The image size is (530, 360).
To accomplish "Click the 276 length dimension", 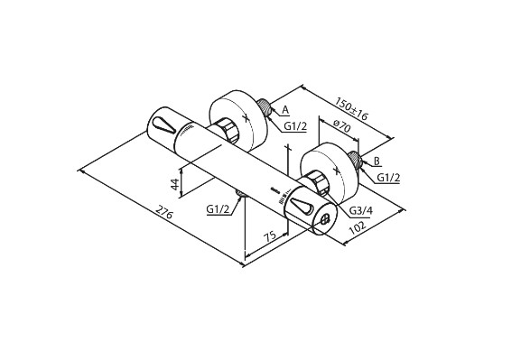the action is coord(164,211).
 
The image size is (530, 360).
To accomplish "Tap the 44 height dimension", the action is coord(175,184).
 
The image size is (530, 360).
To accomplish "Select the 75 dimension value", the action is coord(270,235).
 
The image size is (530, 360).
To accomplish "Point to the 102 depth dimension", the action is coord(357,227).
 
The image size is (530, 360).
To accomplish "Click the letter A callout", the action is coord(285,109).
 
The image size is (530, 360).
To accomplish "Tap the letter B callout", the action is coord(377,161).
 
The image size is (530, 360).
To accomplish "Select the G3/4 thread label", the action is coord(360,210).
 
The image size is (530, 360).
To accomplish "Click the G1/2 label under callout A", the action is coord(295,126).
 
